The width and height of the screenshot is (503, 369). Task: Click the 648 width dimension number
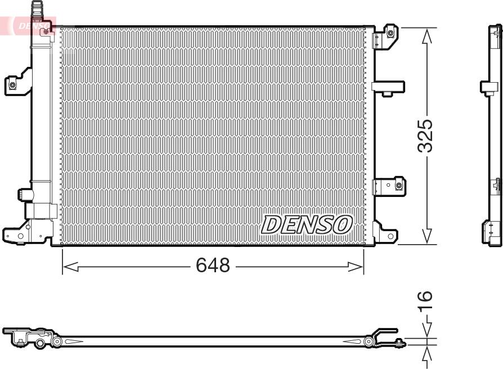click(x=213, y=265)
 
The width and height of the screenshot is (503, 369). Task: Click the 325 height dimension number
click(x=426, y=136)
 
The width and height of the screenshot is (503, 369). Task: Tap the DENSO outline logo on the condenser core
click(x=307, y=224)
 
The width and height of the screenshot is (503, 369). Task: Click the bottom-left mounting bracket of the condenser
click(x=16, y=233)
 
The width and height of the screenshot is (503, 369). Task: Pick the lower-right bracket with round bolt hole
click(x=389, y=185)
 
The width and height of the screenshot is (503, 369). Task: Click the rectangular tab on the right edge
click(x=388, y=87)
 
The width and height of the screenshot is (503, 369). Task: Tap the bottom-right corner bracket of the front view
click(x=384, y=232)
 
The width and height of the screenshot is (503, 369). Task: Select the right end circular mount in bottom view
click(x=369, y=341)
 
